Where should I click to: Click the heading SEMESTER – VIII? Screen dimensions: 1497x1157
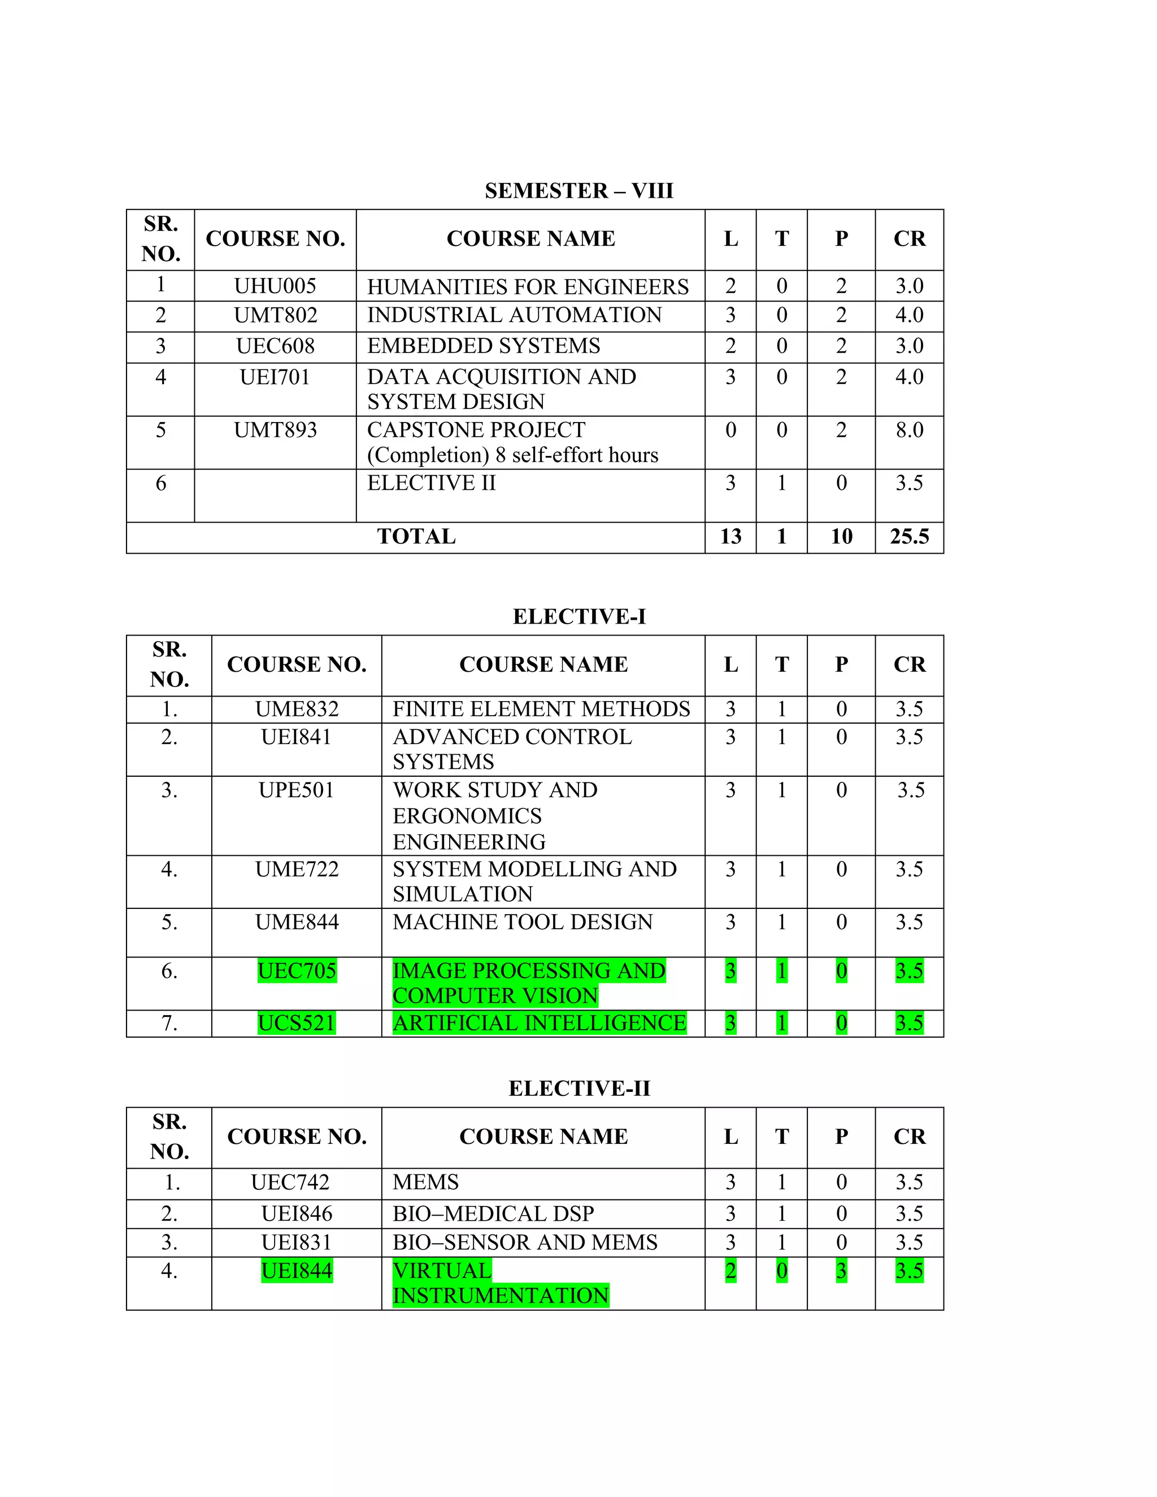578,190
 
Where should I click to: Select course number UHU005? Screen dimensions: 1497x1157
275,286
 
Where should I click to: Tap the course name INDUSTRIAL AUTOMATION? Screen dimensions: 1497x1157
514,315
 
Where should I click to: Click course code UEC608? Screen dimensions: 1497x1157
275,346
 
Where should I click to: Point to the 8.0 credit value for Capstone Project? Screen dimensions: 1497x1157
909,430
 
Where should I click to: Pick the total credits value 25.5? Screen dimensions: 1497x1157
909,537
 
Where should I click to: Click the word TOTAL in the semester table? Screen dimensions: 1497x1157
416,537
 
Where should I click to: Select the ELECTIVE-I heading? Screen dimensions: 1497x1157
578,617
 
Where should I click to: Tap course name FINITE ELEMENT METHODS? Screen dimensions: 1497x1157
541,709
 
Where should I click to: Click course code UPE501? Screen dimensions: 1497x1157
296,790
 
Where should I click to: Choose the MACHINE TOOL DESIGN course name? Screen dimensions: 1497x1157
523,922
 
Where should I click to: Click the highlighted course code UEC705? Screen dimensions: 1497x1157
297,971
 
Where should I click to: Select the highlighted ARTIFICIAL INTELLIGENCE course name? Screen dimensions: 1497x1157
539,1024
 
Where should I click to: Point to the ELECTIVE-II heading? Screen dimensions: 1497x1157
578,1089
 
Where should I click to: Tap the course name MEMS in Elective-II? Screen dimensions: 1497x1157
425,1182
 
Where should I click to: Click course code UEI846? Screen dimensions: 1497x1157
297,1214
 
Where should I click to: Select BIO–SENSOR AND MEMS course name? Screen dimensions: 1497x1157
524,1242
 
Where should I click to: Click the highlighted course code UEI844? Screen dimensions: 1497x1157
297,1271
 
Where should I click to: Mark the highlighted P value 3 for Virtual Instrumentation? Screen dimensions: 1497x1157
841,1271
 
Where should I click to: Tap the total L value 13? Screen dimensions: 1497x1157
730,537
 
